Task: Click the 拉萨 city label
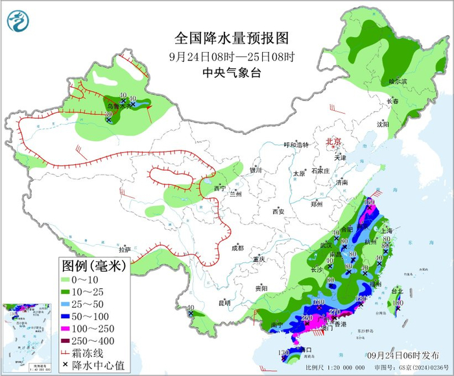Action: point(125,249)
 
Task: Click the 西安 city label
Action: point(278,211)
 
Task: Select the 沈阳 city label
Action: point(383,123)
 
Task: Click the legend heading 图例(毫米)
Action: point(93,266)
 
